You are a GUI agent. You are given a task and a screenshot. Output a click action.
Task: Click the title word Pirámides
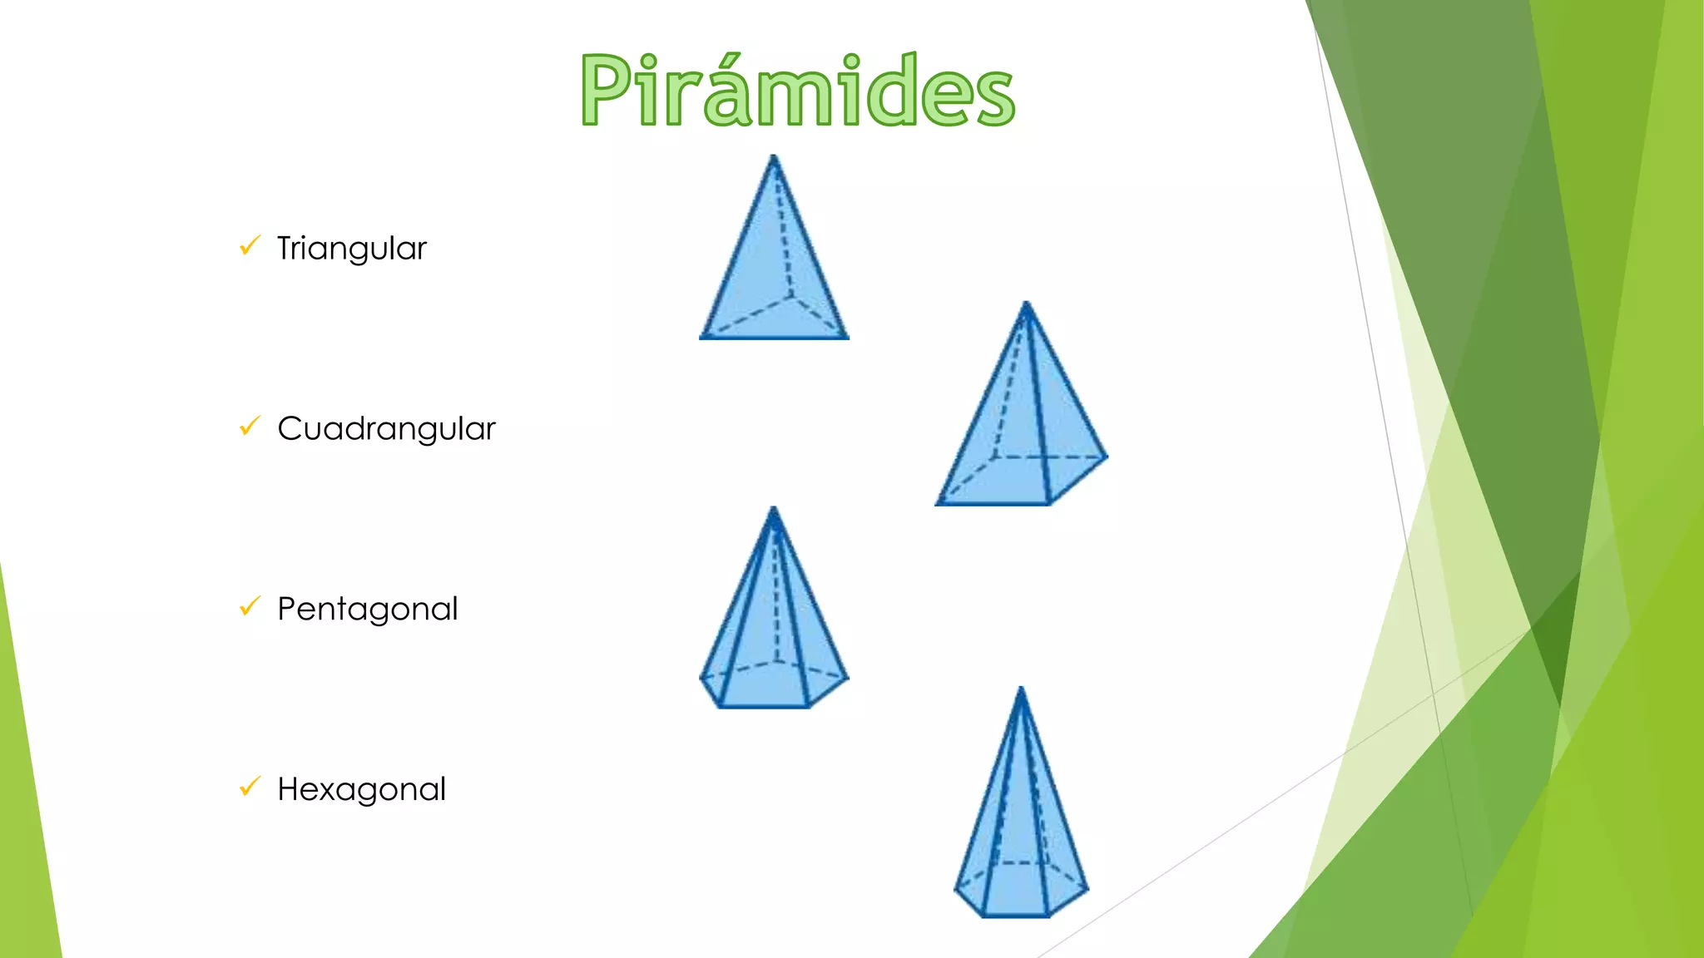(797, 90)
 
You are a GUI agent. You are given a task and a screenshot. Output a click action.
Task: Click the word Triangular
(351, 249)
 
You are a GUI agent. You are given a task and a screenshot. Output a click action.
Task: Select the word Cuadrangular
(386, 429)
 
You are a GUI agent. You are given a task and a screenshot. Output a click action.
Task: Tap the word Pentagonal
(367, 610)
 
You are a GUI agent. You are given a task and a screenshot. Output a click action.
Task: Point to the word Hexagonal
(361, 789)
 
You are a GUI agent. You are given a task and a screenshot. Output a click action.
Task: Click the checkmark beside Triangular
(250, 245)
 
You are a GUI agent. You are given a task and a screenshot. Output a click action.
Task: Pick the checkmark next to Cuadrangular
(250, 426)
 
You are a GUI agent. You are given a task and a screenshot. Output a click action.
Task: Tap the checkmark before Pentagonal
(250, 606)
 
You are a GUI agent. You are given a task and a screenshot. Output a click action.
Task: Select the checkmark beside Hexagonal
(250, 786)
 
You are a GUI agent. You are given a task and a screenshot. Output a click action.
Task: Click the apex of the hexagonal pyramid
(1021, 689)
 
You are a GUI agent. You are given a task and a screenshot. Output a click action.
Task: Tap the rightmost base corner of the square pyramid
(1107, 456)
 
